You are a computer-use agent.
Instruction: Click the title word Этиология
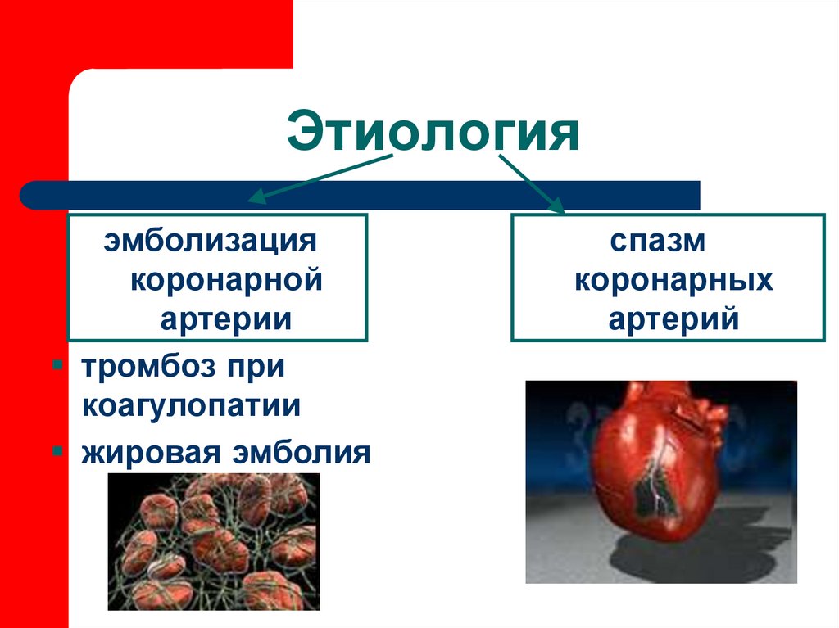(x=433, y=133)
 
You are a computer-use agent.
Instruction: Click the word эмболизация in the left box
(x=211, y=242)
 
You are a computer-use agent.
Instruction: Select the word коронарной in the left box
(x=226, y=280)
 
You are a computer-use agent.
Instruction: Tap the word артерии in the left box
(x=225, y=318)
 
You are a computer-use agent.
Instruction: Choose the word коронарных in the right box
(x=673, y=281)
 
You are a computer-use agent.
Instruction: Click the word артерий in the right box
(x=673, y=319)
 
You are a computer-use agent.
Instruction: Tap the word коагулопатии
(x=190, y=407)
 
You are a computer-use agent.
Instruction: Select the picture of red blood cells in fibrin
(x=214, y=541)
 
